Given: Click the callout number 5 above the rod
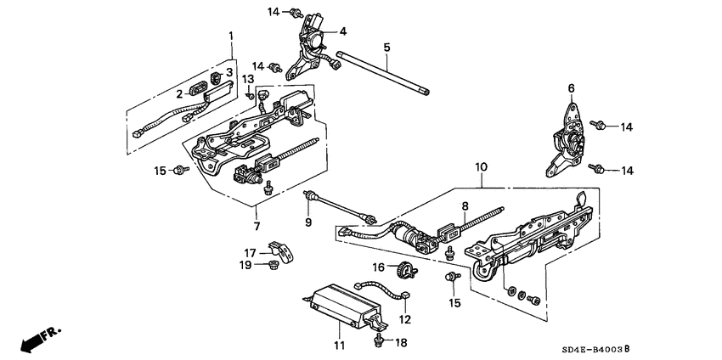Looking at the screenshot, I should (386, 47).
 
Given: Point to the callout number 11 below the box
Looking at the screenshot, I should (339, 346).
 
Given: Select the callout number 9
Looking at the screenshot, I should (308, 222).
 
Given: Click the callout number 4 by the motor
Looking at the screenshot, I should (343, 31).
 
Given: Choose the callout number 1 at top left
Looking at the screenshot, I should (230, 35).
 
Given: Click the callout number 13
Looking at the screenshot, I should (249, 79).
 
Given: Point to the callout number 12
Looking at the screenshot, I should (405, 319).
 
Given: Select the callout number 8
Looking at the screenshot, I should (465, 205).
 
